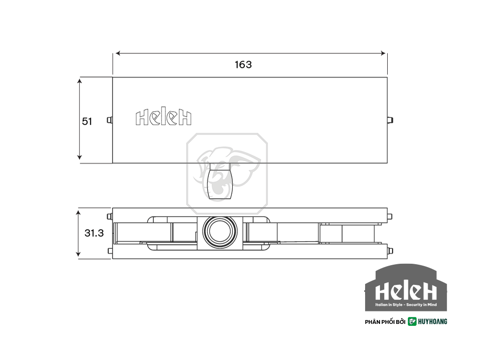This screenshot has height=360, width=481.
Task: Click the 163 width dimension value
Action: (x=243, y=65)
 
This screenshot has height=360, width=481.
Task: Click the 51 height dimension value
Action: (x=87, y=122)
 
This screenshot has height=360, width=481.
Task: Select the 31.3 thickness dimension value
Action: (x=94, y=233)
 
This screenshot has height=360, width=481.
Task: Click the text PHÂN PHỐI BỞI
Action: (x=385, y=322)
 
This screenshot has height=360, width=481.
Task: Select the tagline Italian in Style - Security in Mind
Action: (x=406, y=305)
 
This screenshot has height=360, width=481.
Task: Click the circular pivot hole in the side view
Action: (x=220, y=232)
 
